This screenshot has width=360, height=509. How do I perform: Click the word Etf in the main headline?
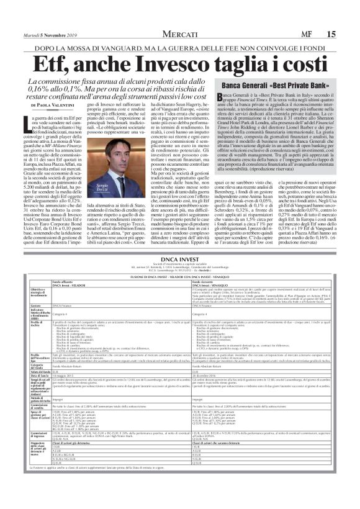pos(55,64)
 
